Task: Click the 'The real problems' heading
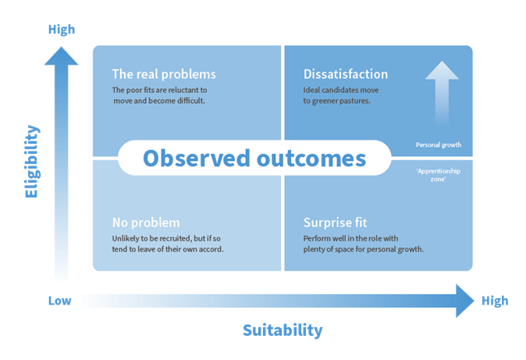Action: [164, 74]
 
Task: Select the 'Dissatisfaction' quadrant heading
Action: [346, 74]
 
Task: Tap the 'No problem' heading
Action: [146, 223]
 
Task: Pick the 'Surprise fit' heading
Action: [335, 223]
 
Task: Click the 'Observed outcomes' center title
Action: [254, 159]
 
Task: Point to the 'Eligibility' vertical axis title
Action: [32, 162]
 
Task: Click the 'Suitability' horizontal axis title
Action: [283, 330]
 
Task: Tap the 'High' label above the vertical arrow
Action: [62, 29]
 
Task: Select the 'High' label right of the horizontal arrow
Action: [495, 301]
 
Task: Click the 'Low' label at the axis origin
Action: [60, 301]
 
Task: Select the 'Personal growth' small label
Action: [439, 144]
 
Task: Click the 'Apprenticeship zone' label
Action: [438, 175]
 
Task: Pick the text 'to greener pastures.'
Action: [337, 101]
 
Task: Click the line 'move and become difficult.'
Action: [159, 101]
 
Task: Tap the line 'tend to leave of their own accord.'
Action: [167, 249]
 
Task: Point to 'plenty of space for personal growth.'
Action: [364, 249]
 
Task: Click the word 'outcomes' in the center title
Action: [311, 159]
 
